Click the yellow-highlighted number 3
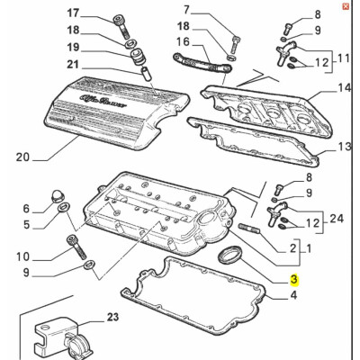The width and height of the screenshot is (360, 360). click(294, 280)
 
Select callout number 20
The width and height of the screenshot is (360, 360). click(22, 157)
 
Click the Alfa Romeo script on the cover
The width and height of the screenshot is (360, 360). click(104, 101)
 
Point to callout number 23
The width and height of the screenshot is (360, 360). click(112, 317)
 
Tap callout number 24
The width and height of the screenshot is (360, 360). click(337, 219)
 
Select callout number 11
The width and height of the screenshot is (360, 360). click(343, 58)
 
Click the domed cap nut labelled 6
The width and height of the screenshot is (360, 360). click(58, 196)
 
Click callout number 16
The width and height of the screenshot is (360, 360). click(184, 41)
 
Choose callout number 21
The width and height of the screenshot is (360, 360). click(72, 64)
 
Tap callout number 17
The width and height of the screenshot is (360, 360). click(73, 13)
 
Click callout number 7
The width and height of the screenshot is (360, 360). click(186, 10)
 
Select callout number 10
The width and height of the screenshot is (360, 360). click(23, 256)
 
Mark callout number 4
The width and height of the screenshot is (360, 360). click(293, 295)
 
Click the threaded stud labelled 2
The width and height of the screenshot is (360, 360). click(249, 229)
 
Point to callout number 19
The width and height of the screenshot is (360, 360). click(73, 47)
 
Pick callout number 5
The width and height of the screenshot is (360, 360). click(27, 224)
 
